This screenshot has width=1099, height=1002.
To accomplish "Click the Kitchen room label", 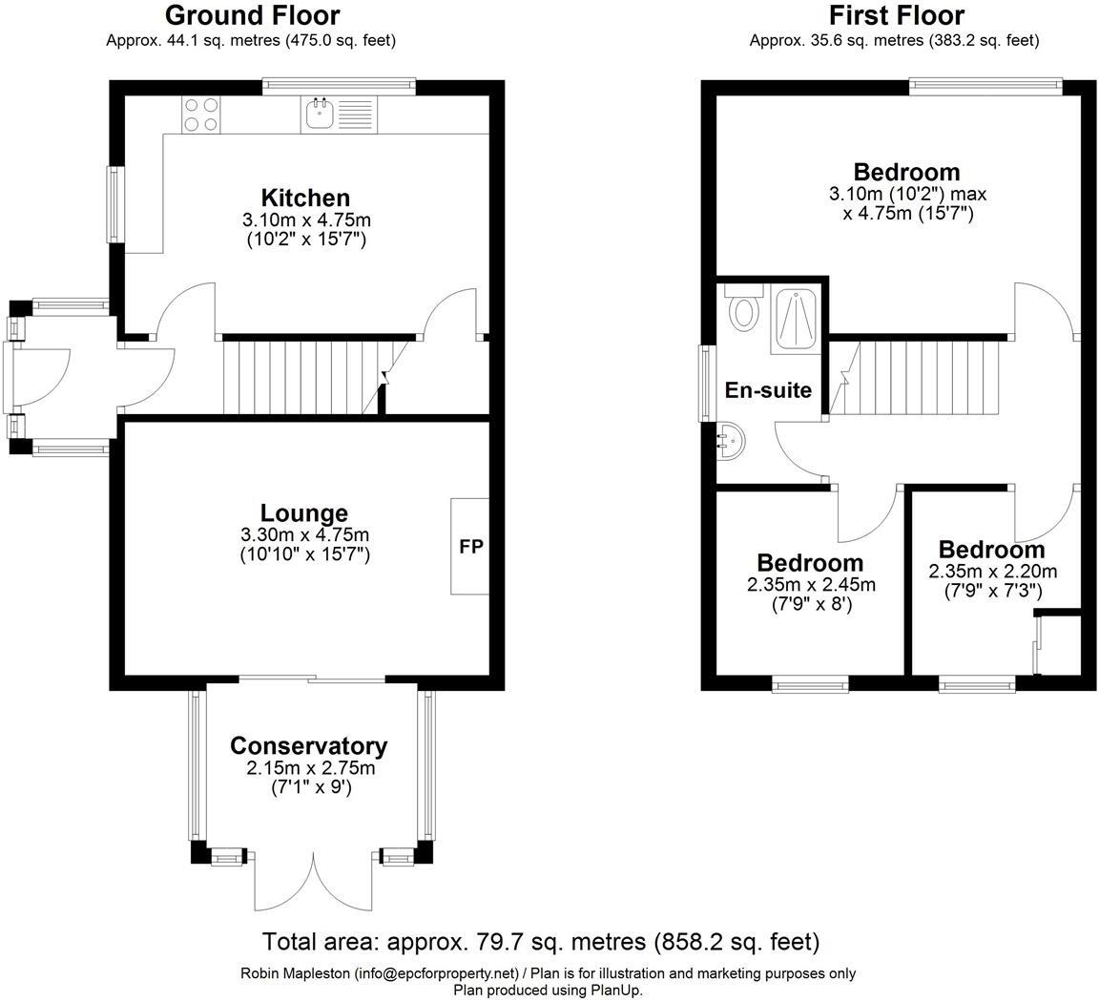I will [x=305, y=198].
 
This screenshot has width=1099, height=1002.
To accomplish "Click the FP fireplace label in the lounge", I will [x=471, y=547].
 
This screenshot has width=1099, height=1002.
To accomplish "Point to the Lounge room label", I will [x=304, y=513].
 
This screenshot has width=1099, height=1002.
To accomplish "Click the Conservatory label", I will [x=309, y=746].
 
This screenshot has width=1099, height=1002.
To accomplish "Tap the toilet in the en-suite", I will [x=741, y=309].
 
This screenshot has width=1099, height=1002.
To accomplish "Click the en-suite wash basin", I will [x=731, y=441].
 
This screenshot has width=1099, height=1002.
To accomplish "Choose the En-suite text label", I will [x=768, y=390].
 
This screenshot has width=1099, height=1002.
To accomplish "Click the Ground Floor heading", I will [x=252, y=15].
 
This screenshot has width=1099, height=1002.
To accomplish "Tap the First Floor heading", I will [x=896, y=15].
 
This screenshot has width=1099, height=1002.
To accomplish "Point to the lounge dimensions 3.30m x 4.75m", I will [x=304, y=534].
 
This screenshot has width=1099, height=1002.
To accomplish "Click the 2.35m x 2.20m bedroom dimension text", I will [x=992, y=571].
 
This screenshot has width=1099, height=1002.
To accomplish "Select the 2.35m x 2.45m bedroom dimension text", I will [x=810, y=584].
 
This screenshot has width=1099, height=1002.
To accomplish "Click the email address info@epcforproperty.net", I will [x=437, y=974].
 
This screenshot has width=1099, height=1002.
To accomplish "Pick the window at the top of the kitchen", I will [x=339, y=87].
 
